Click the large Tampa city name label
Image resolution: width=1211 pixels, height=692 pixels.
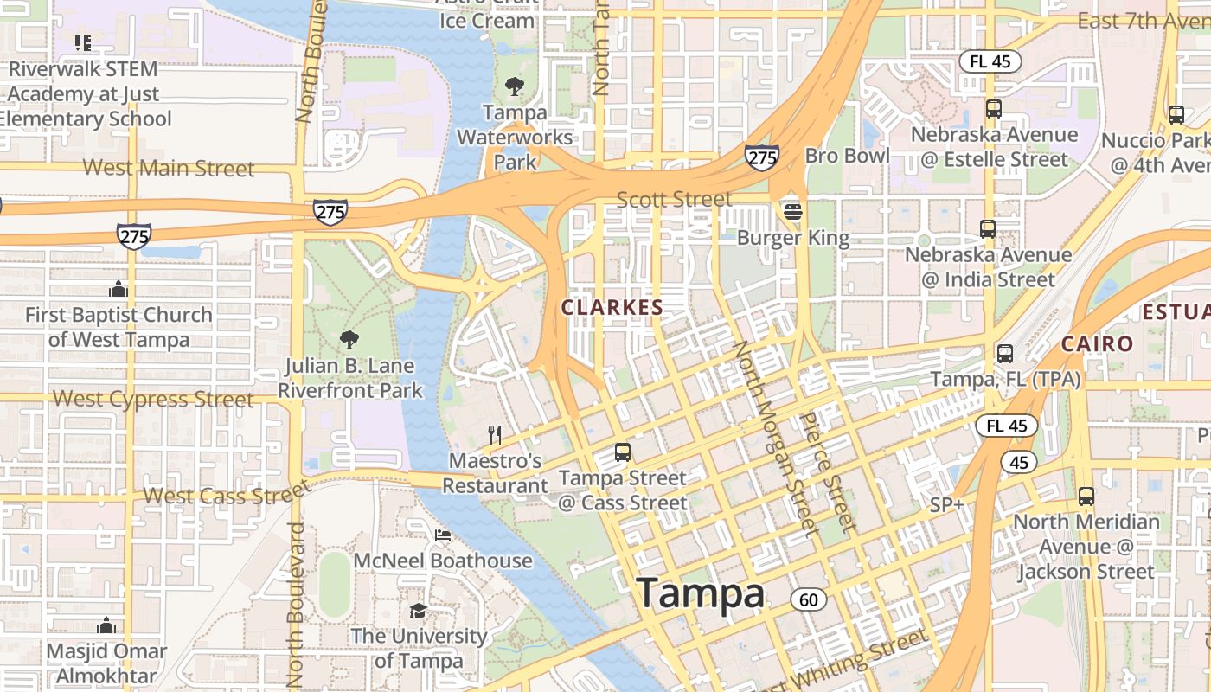[701, 594]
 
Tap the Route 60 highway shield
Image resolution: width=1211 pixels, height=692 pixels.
[808, 599]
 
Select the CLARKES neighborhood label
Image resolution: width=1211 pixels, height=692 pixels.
[612, 307]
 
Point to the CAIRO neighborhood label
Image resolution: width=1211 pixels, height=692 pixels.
[1097, 343]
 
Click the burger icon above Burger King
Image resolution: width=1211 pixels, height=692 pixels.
[792, 211]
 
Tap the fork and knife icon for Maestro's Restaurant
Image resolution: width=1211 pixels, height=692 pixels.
[495, 434]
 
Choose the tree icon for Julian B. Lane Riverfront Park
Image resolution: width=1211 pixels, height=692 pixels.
[349, 339]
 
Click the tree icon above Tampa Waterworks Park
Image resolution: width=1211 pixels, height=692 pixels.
[515, 86]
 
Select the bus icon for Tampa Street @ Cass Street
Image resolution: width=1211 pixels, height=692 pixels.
[622, 452]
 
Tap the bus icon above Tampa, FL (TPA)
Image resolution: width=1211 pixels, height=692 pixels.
[1004, 353]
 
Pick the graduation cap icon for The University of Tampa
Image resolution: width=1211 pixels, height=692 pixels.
[418, 611]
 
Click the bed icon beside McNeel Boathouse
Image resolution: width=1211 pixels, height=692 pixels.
[443, 535]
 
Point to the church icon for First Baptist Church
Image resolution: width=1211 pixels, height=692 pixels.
[118, 288]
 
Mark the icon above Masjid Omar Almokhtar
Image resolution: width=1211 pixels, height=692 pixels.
[106, 625]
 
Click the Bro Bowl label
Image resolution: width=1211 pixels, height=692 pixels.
[847, 156]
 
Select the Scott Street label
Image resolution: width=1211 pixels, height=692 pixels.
[674, 200]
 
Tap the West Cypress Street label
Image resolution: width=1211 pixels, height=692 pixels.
[153, 399]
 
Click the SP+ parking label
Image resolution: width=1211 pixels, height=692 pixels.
[946, 504]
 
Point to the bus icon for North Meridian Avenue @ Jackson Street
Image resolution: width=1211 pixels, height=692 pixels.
[1086, 497]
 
